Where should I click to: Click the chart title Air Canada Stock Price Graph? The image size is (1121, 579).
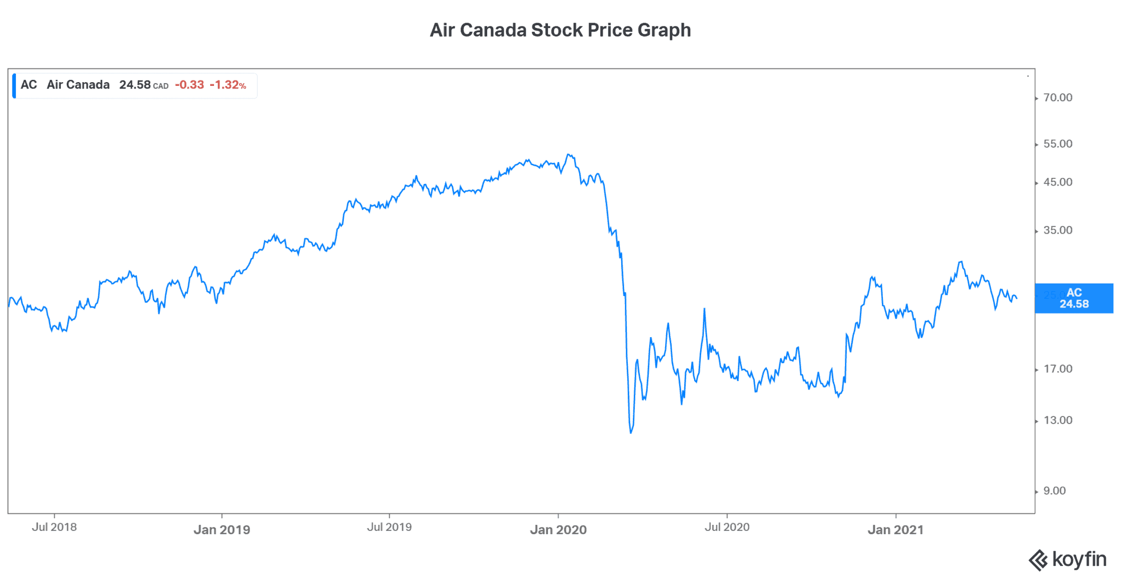560,30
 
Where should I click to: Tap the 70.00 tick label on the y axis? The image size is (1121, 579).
1058,98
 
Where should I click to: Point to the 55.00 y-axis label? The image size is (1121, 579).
1058,144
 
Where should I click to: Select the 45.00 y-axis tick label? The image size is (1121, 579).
1058,182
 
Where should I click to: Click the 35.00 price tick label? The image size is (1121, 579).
1058,230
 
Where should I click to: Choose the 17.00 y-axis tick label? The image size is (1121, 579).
1058,369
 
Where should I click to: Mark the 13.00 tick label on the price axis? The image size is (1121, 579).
1058,420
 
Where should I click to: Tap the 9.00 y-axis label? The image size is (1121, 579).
1054,491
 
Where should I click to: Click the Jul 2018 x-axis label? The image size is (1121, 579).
54,527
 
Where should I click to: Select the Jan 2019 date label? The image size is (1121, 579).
222,530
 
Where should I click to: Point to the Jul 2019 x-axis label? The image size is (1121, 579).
389,527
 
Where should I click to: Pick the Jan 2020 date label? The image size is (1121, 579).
558,530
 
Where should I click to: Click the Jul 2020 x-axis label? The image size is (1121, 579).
727,527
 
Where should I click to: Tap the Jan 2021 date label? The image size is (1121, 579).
895,530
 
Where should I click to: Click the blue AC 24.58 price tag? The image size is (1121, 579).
1074,298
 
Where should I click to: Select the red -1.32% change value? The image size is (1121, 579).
228,85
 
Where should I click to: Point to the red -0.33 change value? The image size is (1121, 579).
189,85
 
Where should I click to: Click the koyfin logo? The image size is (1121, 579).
1067,560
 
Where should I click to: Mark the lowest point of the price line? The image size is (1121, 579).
631,433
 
